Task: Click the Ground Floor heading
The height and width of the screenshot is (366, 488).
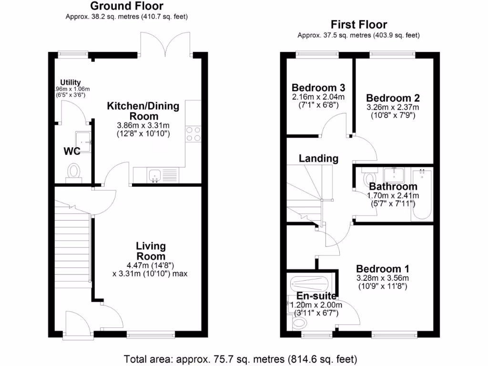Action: point(126,6)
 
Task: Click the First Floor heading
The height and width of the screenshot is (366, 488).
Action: point(359,25)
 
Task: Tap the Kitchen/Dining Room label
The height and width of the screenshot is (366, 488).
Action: point(143,111)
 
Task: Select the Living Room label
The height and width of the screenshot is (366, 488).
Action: point(151,251)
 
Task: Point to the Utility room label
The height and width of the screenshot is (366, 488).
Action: point(70,82)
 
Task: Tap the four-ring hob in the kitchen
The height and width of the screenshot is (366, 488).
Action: point(193,134)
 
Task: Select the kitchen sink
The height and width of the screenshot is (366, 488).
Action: point(155,175)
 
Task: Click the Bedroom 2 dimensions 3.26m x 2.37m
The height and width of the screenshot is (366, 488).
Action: point(393,107)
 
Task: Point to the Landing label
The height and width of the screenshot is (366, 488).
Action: point(318,158)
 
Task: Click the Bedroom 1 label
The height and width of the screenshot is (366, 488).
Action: point(382,268)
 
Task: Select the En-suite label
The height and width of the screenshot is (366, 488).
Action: point(313,295)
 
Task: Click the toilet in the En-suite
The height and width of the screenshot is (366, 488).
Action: point(298,324)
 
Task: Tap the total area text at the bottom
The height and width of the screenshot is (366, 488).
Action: point(240,358)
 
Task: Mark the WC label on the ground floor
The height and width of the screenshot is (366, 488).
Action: point(71,152)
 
